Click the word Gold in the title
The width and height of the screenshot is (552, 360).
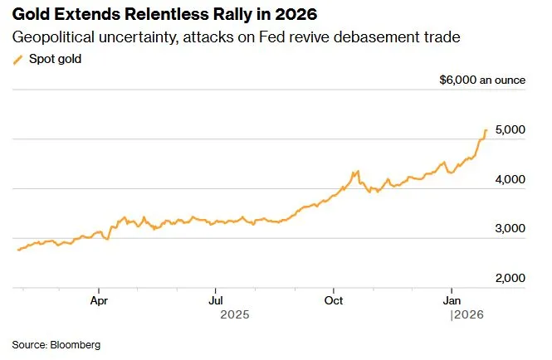[x=31, y=15]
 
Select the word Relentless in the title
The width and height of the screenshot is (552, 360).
[x=149, y=15]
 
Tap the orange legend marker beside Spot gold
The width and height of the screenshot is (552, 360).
[x=19, y=59]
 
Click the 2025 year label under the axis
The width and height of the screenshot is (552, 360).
[x=235, y=315]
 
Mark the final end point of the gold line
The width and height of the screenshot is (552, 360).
[x=486, y=130]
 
